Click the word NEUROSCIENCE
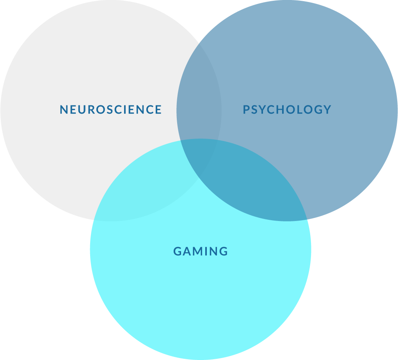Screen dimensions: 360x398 point(111,110)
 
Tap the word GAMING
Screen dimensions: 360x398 point(201,251)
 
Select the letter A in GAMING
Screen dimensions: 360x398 point(187,251)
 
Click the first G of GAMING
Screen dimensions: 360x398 point(177,251)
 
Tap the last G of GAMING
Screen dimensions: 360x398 point(224,251)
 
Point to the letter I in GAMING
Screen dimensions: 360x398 point(206,251)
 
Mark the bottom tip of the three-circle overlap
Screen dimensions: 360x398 point(199,178)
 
